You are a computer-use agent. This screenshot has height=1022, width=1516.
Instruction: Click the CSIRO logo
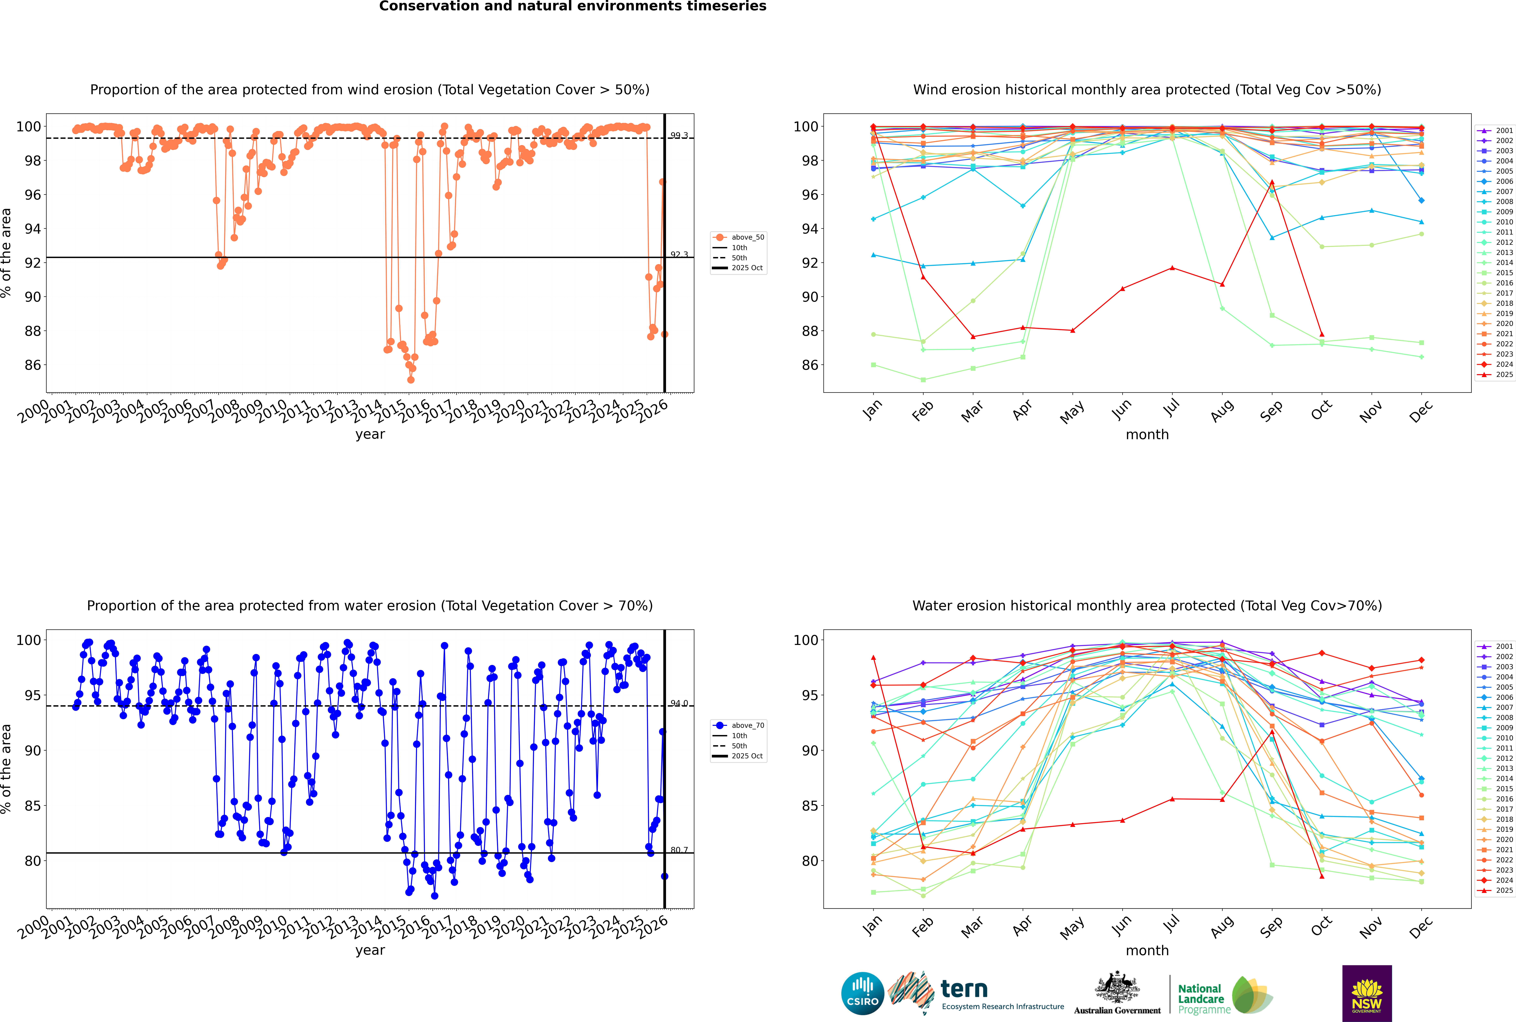tap(862, 993)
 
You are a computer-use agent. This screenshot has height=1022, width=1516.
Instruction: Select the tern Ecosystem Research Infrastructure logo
tap(976, 993)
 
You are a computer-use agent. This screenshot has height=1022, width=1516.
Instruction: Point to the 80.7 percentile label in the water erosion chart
tap(679, 850)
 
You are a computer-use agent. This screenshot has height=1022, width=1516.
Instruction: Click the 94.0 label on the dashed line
tap(679, 703)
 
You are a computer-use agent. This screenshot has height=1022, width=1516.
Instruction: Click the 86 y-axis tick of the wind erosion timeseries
tap(33, 365)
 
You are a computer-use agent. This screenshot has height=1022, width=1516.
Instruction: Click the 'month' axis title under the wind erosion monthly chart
tap(1147, 435)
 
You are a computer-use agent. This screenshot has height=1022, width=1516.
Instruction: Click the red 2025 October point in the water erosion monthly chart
tap(1322, 876)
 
